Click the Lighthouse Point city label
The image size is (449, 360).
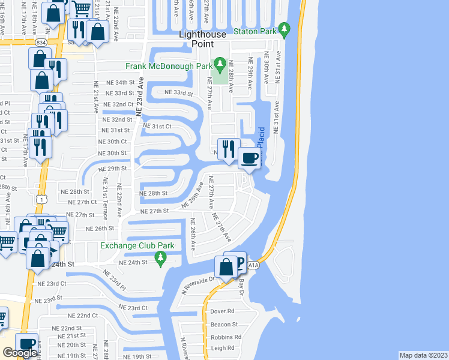pyautogui.click(x=203, y=39)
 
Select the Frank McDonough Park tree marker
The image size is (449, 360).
pyautogui.click(x=220, y=64)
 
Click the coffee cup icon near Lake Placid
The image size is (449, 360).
pyautogui.click(x=249, y=158)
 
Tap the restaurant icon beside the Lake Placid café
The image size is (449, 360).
pyautogui.click(x=228, y=148)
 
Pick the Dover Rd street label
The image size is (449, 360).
pyautogui.click(x=222, y=311)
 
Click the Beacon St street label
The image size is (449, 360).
pyautogui.click(x=223, y=324)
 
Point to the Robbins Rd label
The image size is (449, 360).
pyautogui.click(x=226, y=337)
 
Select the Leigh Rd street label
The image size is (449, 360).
pyautogui.click(x=222, y=348)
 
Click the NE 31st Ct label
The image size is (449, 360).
pyautogui.click(x=157, y=127)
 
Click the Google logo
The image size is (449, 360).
pyautogui.click(x=19, y=353)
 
